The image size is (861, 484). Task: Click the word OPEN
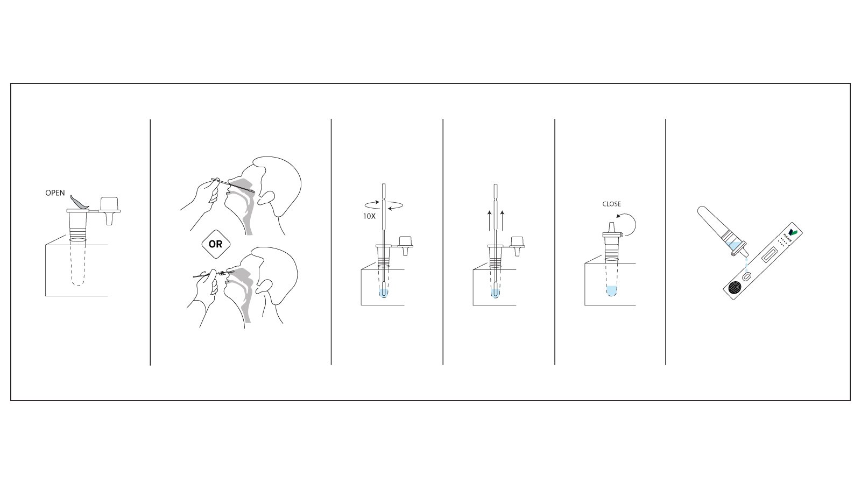[55, 193]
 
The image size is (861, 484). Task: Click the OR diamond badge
[215, 244]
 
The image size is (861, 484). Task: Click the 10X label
[369, 216]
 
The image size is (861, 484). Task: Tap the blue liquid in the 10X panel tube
[383, 293]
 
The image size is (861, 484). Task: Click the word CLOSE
[611, 204]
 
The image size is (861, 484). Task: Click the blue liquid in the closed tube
[611, 292]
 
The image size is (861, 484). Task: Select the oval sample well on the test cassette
[747, 276]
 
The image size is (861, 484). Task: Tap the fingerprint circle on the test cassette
[733, 289]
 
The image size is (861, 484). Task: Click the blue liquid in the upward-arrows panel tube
[495, 293]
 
